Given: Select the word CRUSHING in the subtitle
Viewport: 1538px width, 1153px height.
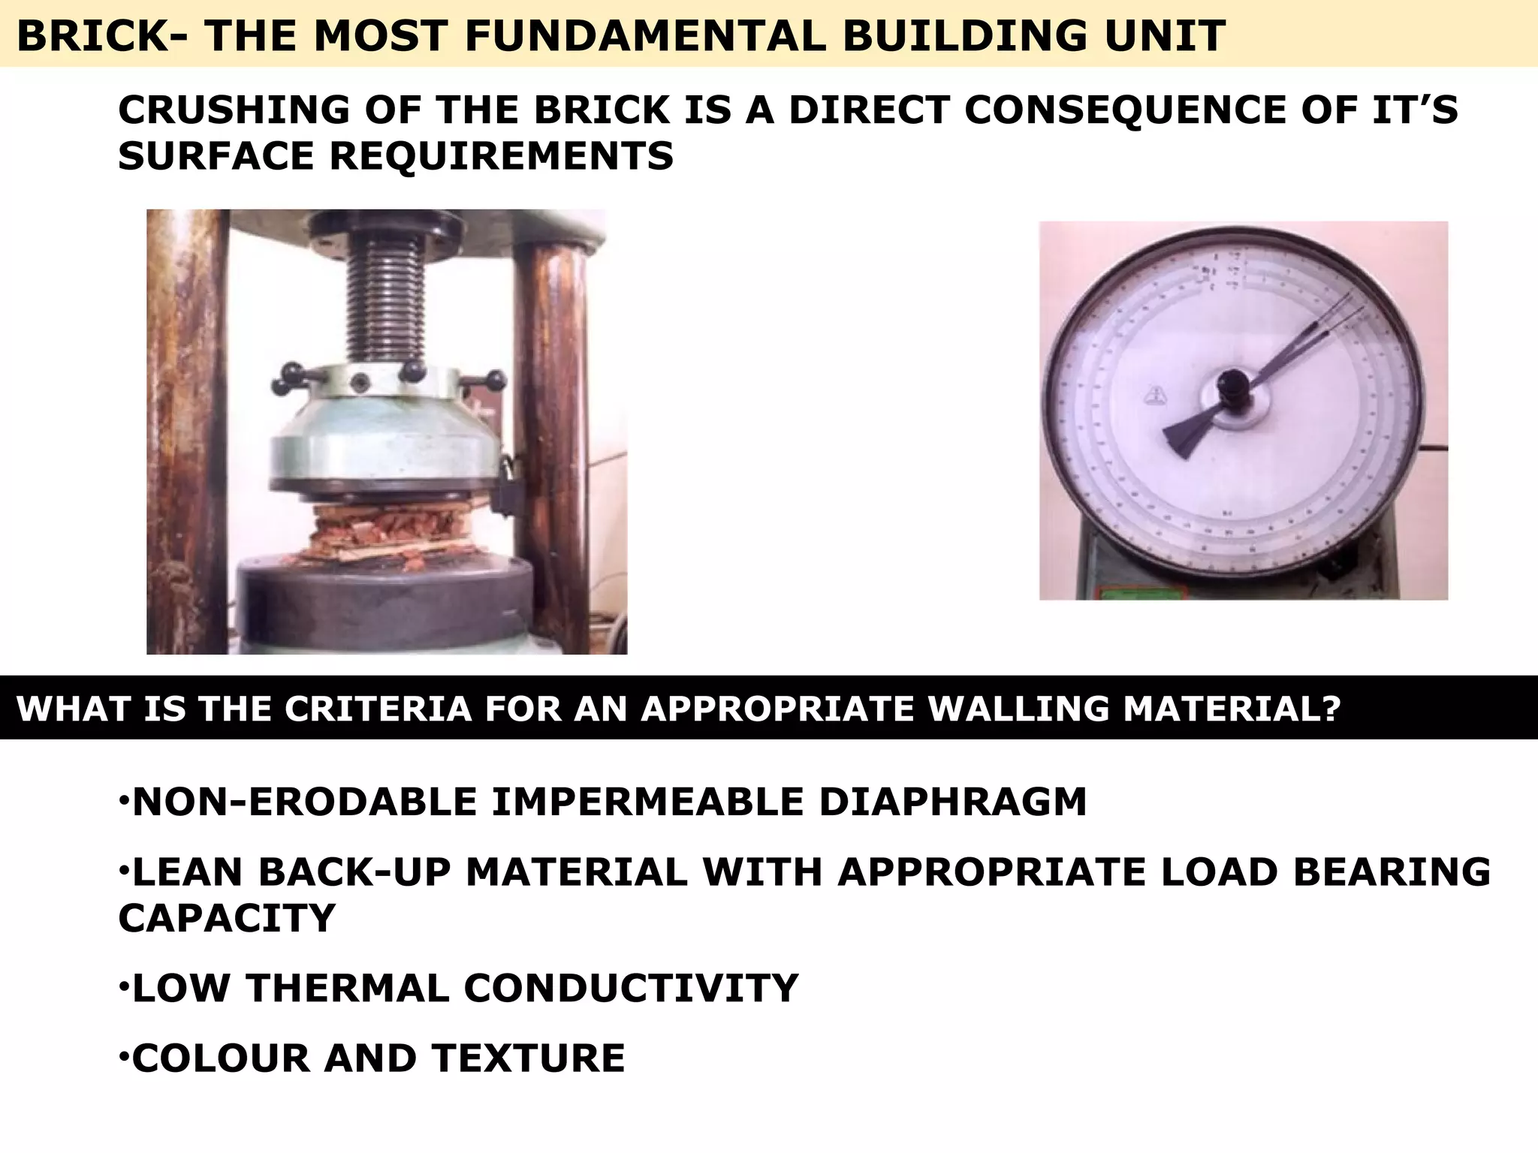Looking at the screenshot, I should pos(234,110).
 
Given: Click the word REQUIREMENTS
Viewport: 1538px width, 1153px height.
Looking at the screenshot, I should pos(501,156).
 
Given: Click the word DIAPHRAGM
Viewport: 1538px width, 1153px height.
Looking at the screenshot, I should pos(952,802).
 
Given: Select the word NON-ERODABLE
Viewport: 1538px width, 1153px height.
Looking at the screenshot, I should pos(304,802).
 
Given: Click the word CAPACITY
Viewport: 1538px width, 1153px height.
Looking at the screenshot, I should pos(226,918).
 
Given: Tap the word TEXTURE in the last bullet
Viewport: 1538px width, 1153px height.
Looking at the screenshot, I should pos(528,1058).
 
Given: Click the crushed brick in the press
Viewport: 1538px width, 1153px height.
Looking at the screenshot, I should pos(388,533).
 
